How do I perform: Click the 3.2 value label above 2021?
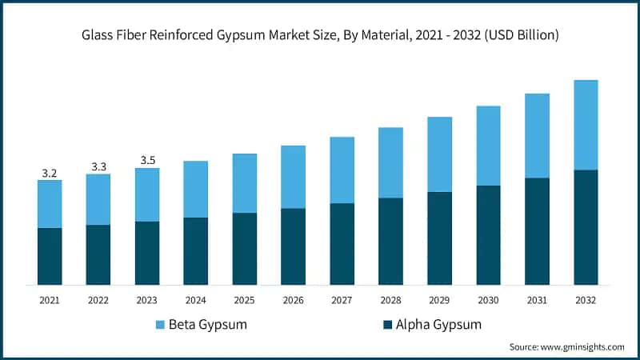point(50,173)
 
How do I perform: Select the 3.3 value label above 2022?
point(98,166)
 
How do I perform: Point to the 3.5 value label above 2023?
point(147,161)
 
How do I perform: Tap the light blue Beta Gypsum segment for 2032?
point(586,125)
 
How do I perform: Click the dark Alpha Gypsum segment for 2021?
point(50,256)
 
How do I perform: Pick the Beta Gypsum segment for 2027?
point(342,170)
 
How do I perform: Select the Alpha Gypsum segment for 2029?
point(439,238)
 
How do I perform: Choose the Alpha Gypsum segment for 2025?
point(245,249)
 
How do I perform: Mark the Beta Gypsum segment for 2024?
point(196,190)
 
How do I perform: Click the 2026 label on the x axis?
point(294,299)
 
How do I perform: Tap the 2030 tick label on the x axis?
point(488,299)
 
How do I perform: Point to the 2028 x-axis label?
point(390,299)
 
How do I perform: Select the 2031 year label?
point(537,299)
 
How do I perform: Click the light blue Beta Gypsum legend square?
point(159,325)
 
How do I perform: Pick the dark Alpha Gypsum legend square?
point(388,325)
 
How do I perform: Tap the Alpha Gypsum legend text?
point(438,325)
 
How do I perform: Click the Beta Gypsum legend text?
point(206,325)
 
